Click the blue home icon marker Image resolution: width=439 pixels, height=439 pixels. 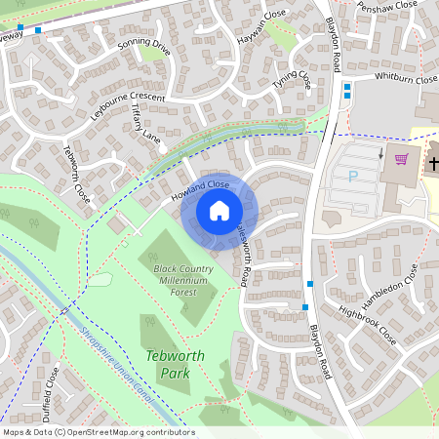coord(219,210)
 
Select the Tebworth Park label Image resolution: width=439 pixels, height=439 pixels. coord(176,363)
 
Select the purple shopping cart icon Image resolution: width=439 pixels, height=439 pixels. coord(400,159)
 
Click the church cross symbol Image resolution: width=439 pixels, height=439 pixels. coord(431,162)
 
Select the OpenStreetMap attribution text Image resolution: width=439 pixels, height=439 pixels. coord(99,432)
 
